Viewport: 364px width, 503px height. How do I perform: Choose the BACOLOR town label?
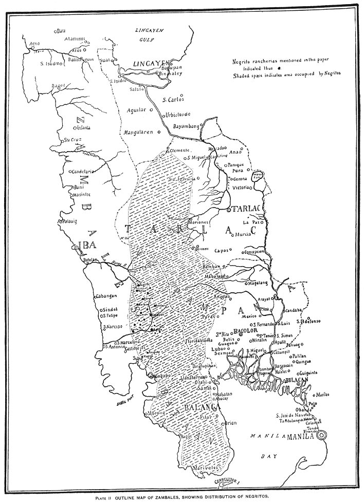pyautogui.click(x=245, y=332)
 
